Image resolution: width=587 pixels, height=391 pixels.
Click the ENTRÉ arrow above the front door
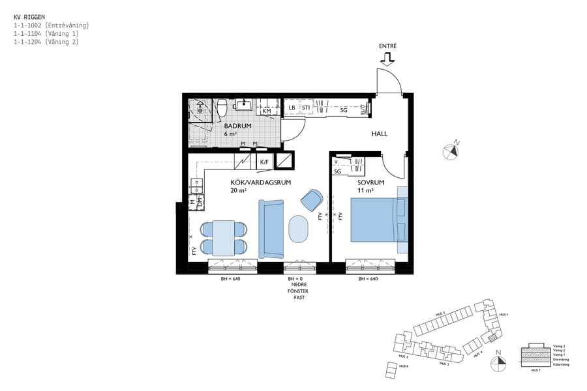(387, 60)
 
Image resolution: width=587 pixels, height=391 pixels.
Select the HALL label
(379, 134)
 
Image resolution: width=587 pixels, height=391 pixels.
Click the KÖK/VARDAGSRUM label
(255, 183)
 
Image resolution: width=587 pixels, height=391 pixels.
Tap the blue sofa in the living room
(272, 229)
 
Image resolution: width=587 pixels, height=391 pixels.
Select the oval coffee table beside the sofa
(299, 229)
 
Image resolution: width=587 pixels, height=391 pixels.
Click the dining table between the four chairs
(224, 238)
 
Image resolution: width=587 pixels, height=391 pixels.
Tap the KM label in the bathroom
(266, 111)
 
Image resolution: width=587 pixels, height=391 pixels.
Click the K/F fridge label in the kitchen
(264, 162)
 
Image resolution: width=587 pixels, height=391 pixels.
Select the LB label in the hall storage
(292, 108)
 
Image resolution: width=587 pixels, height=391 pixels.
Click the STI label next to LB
(305, 108)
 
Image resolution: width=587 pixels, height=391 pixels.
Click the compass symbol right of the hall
(451, 151)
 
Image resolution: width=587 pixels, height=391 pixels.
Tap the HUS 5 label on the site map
(440, 314)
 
